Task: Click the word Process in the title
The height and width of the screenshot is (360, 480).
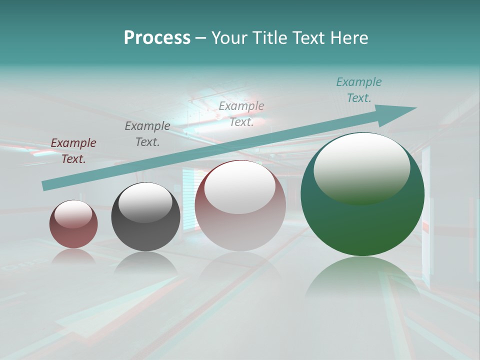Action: pos(157,38)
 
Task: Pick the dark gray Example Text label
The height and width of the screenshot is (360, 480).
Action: pos(147,134)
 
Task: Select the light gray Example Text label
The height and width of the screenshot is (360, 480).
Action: pos(241,114)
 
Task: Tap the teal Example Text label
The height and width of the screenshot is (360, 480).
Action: pos(358,90)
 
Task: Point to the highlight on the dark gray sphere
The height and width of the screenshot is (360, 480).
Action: pos(145,202)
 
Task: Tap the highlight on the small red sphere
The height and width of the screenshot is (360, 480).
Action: pos(73,214)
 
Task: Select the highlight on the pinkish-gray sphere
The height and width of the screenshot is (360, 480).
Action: pos(239,187)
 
